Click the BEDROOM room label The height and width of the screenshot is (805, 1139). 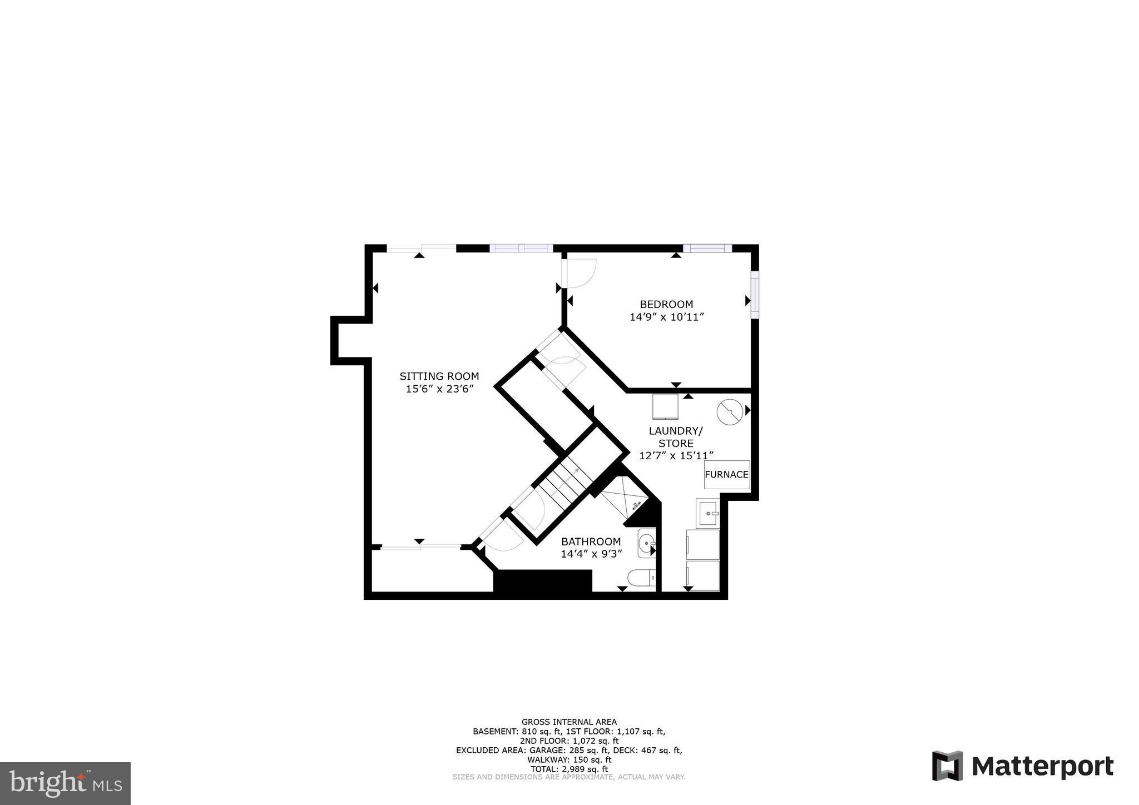click(x=666, y=304)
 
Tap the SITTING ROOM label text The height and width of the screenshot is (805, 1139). click(x=439, y=376)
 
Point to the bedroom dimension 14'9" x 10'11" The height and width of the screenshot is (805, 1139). click(x=666, y=317)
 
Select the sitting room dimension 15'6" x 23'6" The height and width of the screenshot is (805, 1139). click(x=439, y=389)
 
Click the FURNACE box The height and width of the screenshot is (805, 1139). click(x=726, y=475)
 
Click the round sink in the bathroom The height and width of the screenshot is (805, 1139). click(x=647, y=545)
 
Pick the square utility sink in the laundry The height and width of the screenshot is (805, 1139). click(x=708, y=513)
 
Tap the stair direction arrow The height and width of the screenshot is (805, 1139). click(x=573, y=473)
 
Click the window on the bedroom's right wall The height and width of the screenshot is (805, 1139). click(x=754, y=295)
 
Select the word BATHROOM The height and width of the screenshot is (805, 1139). click(x=591, y=541)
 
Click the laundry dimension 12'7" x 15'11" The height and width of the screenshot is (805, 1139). click(x=676, y=456)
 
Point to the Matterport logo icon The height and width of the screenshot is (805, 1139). click(x=947, y=766)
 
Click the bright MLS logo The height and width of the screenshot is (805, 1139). click(x=66, y=784)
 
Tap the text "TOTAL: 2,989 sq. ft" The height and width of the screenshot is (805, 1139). click(x=569, y=769)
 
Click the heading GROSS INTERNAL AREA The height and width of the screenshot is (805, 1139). click(x=569, y=722)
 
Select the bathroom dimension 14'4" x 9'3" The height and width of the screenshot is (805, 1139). click(x=591, y=554)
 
